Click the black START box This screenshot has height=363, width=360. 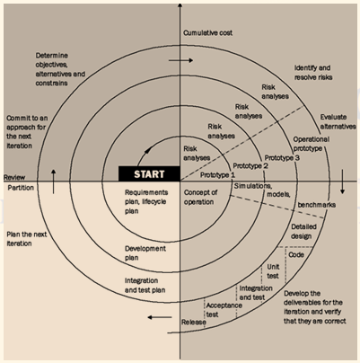(x=150, y=173)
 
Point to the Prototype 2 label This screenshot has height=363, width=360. (x=250, y=165)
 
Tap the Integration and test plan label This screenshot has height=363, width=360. (x=148, y=285)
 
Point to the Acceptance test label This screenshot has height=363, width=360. (x=223, y=310)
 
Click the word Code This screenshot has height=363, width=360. (x=297, y=254)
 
